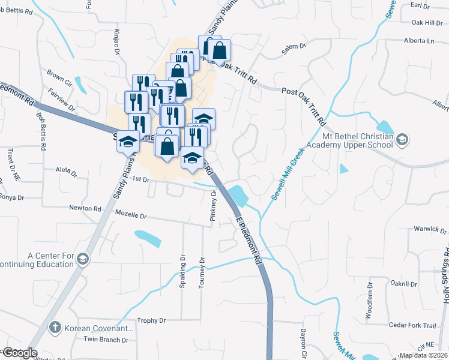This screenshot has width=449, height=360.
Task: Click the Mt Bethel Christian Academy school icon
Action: click(x=403, y=139)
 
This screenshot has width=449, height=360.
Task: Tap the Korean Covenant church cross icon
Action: click(x=55, y=328)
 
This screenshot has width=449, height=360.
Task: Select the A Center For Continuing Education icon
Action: click(x=83, y=259)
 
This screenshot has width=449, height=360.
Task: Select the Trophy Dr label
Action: click(x=151, y=320)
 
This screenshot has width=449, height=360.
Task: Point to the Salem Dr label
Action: click(x=294, y=46)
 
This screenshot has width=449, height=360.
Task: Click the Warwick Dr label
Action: click(x=430, y=229)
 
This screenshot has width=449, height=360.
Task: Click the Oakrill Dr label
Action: click(x=403, y=283)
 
